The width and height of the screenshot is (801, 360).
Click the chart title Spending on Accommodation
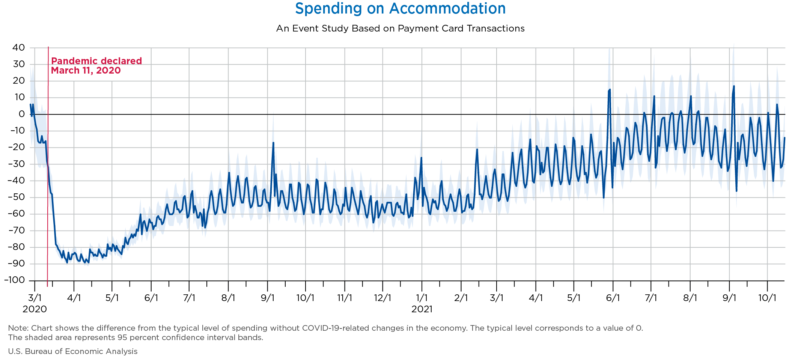coord(400,9)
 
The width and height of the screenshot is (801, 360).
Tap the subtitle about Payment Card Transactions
coord(400,29)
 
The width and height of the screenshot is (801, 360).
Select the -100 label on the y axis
coord(14,280)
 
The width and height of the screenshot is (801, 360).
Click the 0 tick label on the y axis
coord(21,114)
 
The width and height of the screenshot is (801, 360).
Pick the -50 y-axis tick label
coord(17,197)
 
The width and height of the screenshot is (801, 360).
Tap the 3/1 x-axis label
coord(35,298)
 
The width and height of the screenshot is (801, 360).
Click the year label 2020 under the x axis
coord(35,309)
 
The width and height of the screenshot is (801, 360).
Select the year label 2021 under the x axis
coord(422,309)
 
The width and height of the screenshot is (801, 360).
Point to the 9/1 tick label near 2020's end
coord(267,298)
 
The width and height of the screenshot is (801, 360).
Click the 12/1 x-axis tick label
coord(382,298)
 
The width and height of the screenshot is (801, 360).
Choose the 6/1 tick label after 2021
coord(613,298)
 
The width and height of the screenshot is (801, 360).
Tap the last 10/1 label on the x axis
coord(767,298)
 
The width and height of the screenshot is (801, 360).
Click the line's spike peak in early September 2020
coord(273,143)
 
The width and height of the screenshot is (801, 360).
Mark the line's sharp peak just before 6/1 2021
coord(610,89)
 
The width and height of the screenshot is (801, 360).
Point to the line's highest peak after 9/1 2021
coord(734,86)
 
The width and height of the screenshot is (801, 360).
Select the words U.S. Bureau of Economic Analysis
coord(72,351)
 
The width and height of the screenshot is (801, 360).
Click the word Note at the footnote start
coord(16,328)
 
